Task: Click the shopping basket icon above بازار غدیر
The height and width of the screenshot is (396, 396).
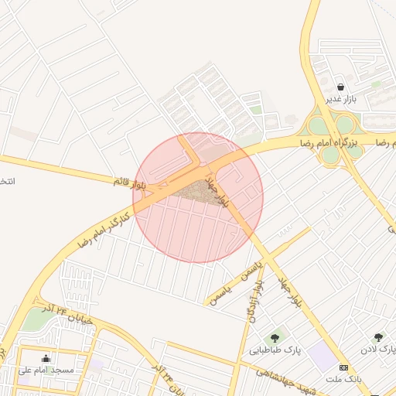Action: click(341, 87)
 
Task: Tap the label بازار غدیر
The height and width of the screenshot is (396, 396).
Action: click(341, 99)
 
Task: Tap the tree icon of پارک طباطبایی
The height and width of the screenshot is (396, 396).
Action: click(274, 338)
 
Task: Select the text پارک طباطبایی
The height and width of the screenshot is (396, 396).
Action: click(275, 350)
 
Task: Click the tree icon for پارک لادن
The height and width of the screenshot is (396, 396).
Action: click(378, 337)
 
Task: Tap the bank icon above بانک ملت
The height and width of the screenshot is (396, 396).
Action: click(344, 367)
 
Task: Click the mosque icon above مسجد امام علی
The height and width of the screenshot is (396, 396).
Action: click(46, 358)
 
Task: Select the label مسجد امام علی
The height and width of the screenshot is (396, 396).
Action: click(46, 370)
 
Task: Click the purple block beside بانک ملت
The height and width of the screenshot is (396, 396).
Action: click(323, 357)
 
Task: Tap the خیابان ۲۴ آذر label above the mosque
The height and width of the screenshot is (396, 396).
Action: click(68, 313)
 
